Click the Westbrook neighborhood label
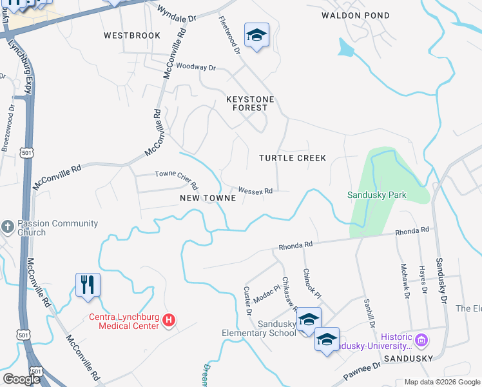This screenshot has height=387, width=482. click(x=132, y=35)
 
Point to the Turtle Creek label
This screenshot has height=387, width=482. click(x=293, y=158)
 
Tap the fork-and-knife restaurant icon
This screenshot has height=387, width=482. click(x=88, y=284)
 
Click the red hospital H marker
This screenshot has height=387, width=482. click(x=169, y=319)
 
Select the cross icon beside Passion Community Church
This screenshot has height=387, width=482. click(x=8, y=226)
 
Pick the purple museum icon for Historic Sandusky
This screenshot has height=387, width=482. click(x=421, y=339)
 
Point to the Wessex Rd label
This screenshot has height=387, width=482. click(x=256, y=190)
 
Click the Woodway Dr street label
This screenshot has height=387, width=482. click(x=195, y=66)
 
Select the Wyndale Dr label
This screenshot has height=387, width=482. click(x=177, y=14)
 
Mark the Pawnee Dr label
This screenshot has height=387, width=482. click(x=363, y=370)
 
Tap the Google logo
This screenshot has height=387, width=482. click(x=21, y=379)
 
